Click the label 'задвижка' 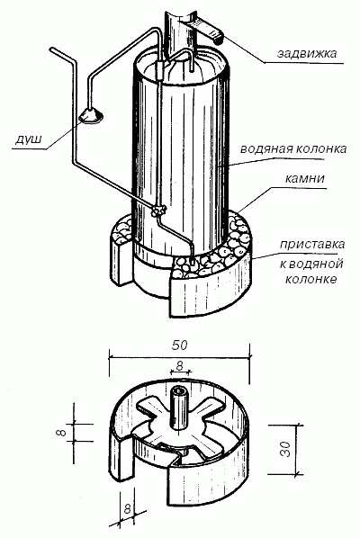(307, 53)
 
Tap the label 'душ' (29, 139)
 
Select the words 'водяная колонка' (293, 148)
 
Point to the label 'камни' (305, 178)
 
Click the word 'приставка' (312, 245)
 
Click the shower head (90, 115)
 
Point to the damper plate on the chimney (205, 30)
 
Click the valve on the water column (158, 211)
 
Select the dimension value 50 (180, 345)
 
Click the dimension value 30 (285, 449)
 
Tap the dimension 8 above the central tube (180, 366)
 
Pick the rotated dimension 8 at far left (61, 432)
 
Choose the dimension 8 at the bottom (128, 508)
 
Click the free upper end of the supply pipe (52, 50)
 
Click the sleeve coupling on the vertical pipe (159, 69)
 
